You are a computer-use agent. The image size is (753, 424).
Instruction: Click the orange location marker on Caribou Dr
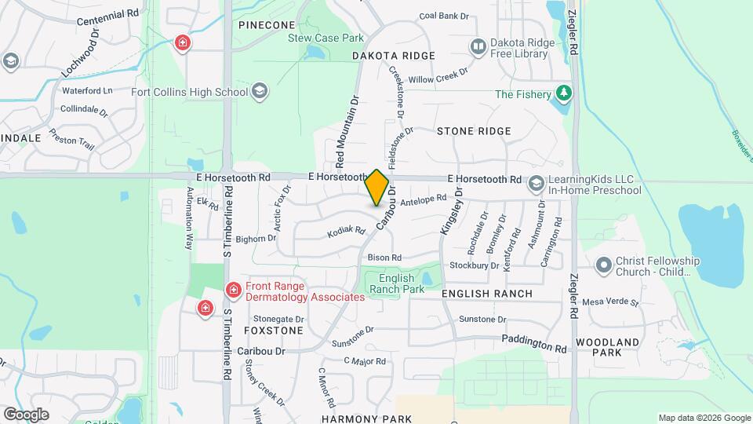point(377,187)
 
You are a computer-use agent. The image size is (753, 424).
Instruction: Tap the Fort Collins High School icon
point(260,92)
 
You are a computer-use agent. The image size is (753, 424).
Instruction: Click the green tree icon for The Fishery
point(562,94)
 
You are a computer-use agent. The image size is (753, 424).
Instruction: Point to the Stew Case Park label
point(326,38)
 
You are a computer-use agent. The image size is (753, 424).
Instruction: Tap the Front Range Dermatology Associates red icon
point(233,291)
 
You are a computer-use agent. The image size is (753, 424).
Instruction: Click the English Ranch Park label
point(402,283)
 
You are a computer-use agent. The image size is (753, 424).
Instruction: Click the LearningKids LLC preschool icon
point(537,184)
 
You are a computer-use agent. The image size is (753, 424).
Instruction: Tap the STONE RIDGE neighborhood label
point(474,131)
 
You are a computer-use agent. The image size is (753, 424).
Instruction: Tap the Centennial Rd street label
point(107,14)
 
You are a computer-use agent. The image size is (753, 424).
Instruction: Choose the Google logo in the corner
point(26,414)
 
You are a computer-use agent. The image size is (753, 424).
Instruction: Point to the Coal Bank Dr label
point(444,16)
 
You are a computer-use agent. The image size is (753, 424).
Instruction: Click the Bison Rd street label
point(384,258)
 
